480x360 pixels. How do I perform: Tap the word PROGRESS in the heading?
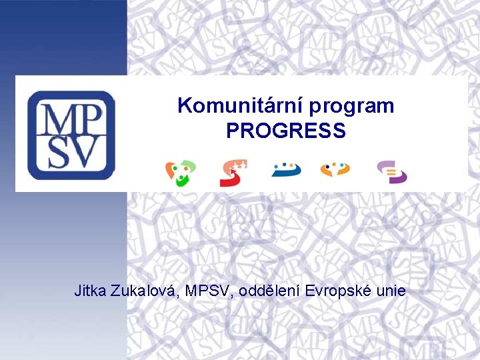pyautogui.click(x=286, y=131)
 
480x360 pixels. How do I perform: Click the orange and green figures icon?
pyautogui.click(x=181, y=172)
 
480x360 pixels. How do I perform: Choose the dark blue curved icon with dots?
pyautogui.click(x=286, y=169)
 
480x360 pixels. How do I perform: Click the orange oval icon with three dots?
pyautogui.click(x=335, y=170)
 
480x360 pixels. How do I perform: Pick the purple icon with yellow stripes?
pyautogui.click(x=392, y=172)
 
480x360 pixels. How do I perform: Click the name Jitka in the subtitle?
pyautogui.click(x=91, y=291)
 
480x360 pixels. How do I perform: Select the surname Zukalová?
pyautogui.click(x=147, y=291)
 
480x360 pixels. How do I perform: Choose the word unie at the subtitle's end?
pyautogui.click(x=389, y=291)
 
